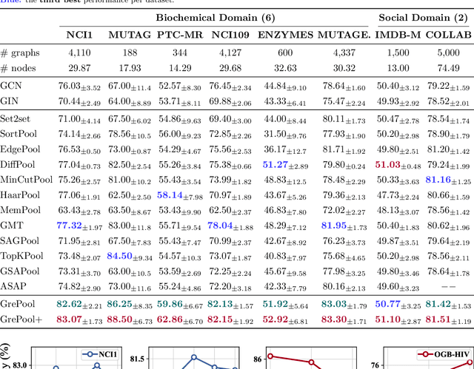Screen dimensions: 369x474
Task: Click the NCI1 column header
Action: (80, 35)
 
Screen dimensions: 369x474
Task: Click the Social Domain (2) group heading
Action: (424, 16)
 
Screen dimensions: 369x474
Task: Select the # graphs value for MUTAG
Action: (130, 53)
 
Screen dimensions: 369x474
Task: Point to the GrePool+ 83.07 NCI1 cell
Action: (79, 319)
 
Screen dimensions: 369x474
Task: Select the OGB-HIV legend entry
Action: (444, 355)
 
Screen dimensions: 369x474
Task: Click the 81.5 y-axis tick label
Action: (136, 359)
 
